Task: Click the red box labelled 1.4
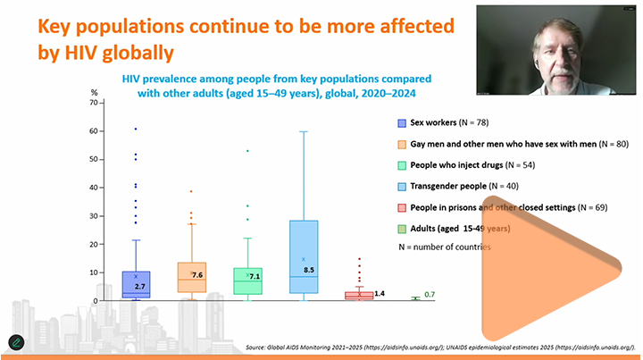tap(358, 294)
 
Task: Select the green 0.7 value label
tap(430, 295)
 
